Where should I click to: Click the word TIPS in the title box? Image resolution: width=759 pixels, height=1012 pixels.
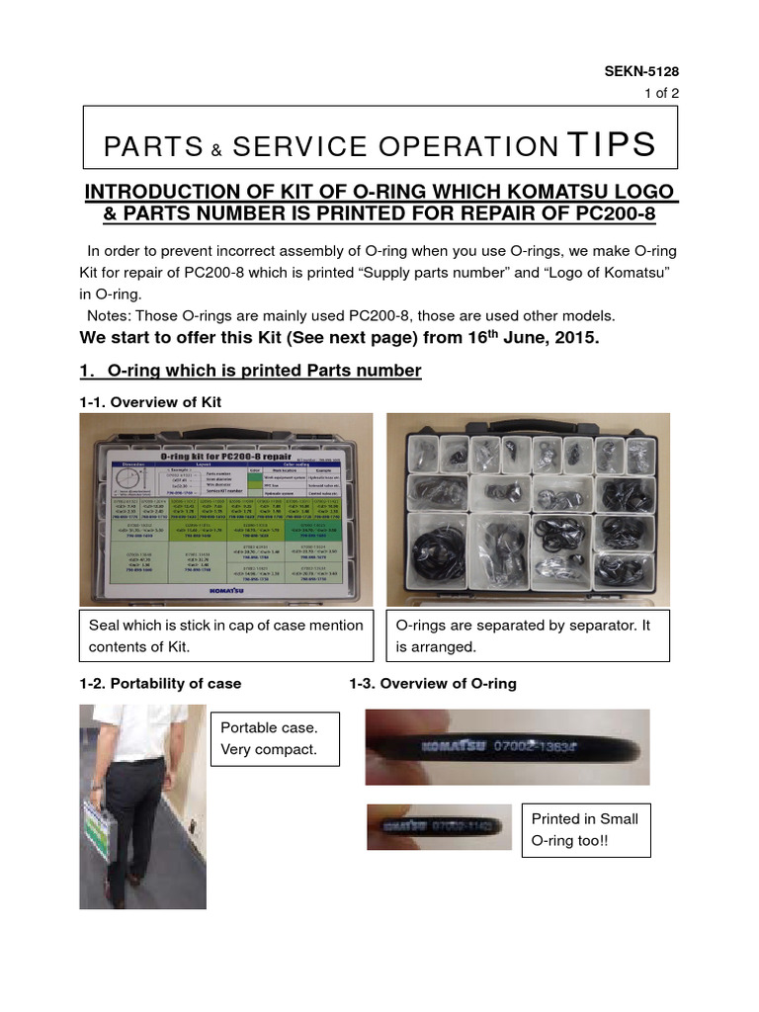(611, 144)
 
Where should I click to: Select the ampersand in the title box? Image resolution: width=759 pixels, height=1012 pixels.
(213, 149)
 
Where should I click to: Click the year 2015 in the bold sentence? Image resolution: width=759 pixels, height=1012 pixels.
(576, 338)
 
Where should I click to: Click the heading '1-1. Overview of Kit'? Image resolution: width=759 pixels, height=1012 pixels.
(150, 402)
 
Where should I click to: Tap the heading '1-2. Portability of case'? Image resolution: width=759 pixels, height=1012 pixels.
(160, 684)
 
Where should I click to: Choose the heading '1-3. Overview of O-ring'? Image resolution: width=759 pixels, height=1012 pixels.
(432, 684)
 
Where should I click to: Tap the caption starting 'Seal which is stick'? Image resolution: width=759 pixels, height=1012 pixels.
(225, 635)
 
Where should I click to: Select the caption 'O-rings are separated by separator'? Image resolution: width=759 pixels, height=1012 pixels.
(528, 635)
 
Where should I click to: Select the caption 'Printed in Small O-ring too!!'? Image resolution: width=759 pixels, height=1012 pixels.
(584, 829)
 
